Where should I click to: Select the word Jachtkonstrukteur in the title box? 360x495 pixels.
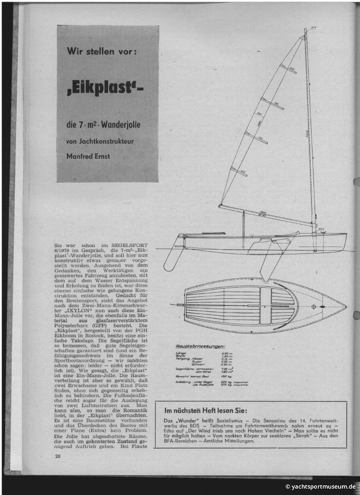(106, 141)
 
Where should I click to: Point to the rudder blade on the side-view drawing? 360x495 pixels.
(173, 257)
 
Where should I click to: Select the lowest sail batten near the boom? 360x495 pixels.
(239, 171)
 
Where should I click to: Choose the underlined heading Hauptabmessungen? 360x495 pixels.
(194, 346)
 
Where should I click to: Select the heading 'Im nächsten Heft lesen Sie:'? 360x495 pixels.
(205, 410)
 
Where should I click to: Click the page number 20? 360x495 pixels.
(58, 455)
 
